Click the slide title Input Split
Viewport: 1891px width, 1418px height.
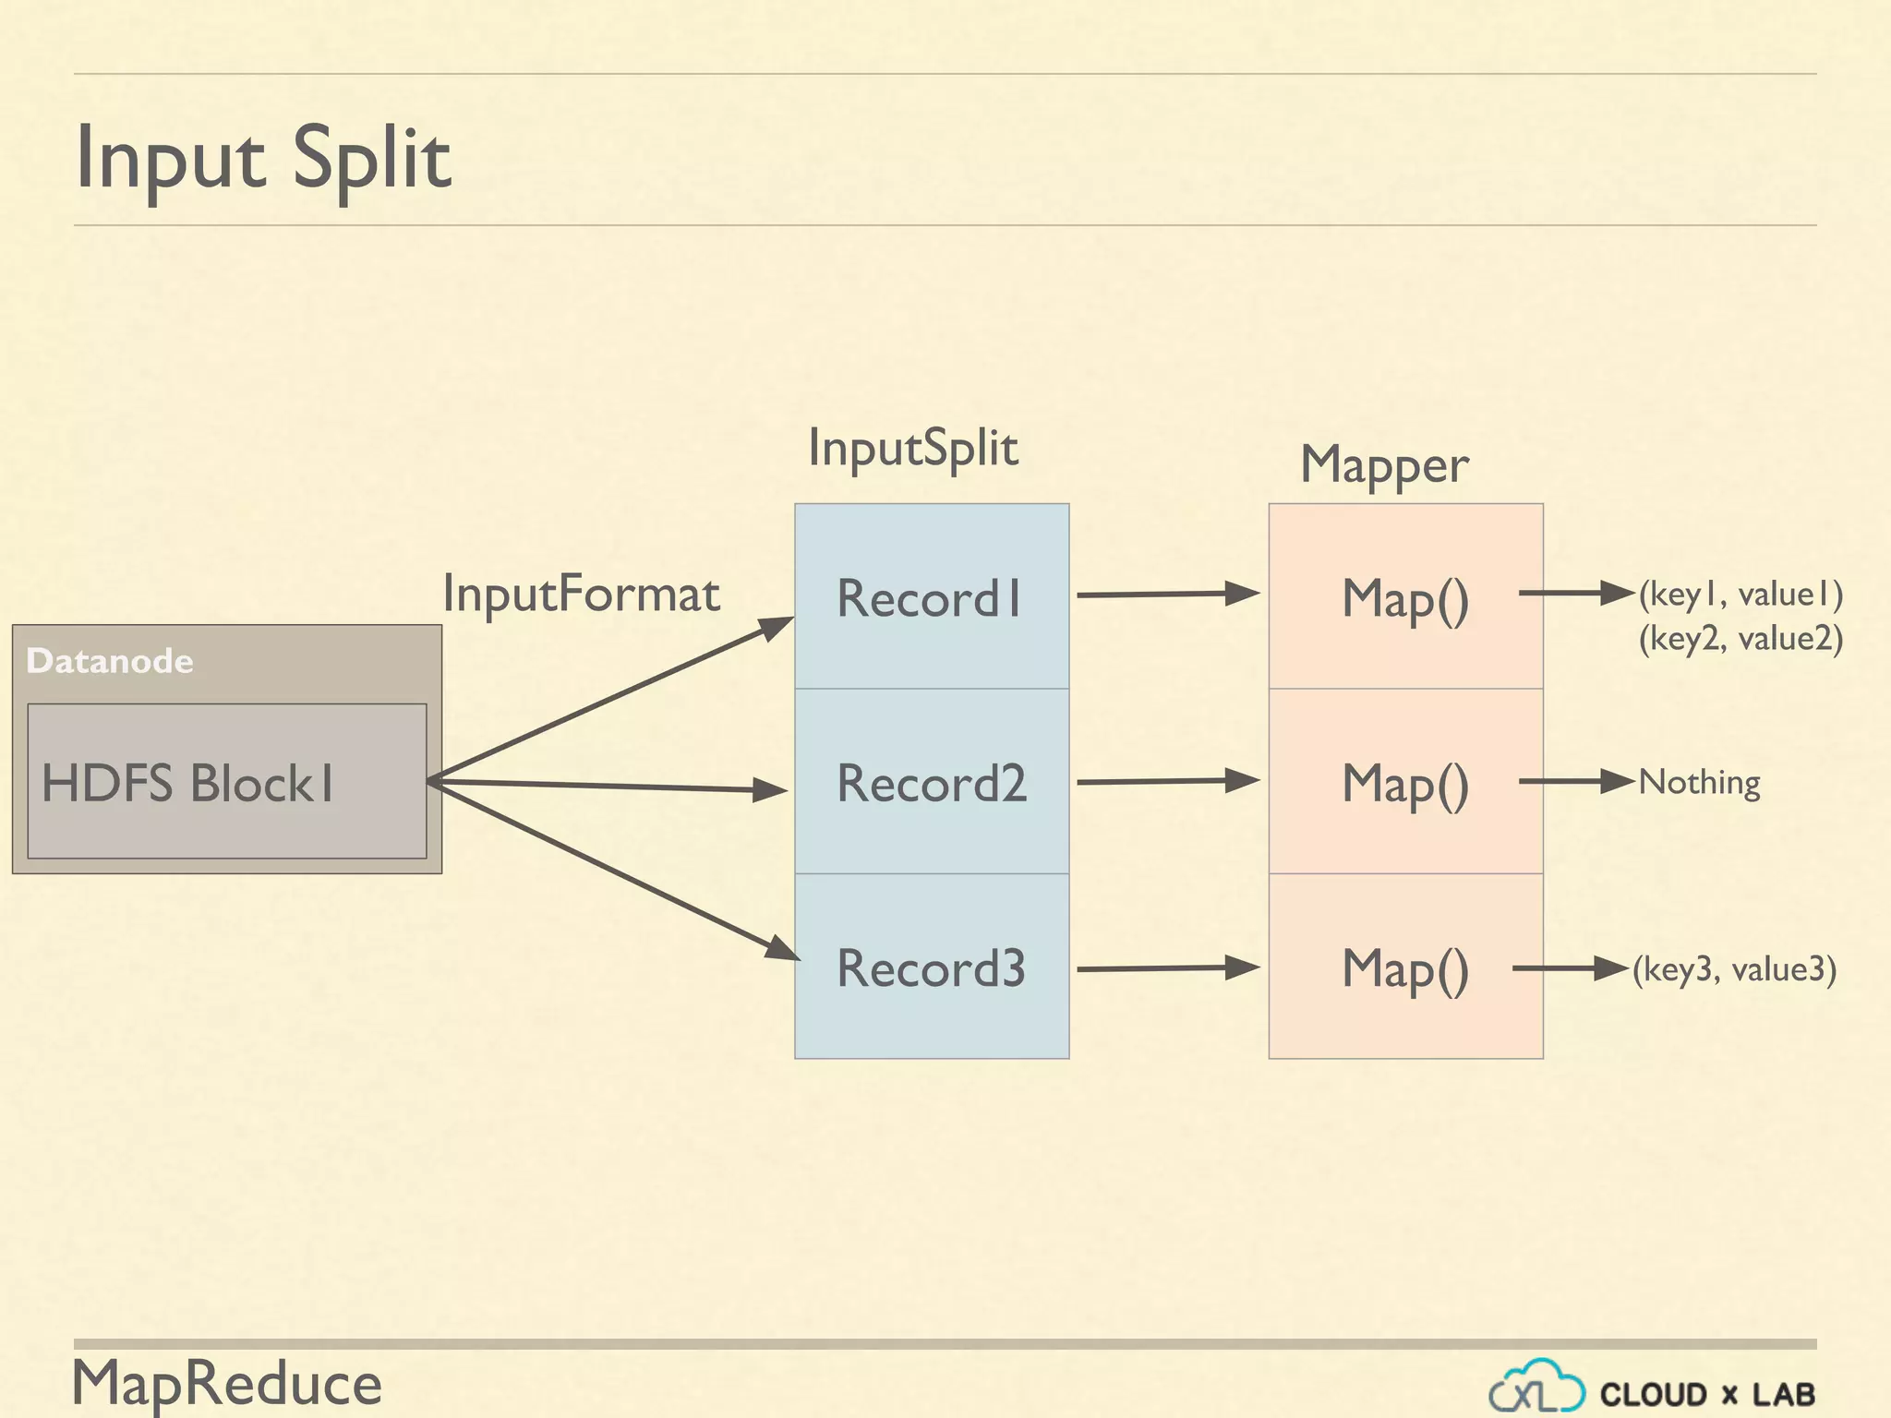(263, 159)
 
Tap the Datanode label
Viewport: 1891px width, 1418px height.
(110, 661)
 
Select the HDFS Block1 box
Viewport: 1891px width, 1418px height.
(226, 782)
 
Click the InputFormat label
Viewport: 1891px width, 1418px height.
(581, 594)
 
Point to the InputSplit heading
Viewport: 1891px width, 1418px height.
(912, 449)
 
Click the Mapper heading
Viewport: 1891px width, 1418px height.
(1384, 464)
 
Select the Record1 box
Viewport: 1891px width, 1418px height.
(931, 597)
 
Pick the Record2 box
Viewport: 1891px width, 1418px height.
(931, 782)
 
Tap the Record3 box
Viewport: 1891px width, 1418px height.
(931, 967)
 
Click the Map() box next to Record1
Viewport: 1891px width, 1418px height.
(1404, 597)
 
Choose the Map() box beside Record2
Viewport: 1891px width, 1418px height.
(1404, 782)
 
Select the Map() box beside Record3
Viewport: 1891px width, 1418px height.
(1404, 967)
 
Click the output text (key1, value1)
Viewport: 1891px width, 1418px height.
(1740, 594)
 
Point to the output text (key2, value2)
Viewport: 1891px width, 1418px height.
(1740, 638)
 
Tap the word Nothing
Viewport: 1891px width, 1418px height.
(1699, 782)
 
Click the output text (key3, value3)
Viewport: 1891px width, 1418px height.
(1734, 968)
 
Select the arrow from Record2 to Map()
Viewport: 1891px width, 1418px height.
(1168, 781)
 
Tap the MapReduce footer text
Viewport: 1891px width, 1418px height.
(227, 1383)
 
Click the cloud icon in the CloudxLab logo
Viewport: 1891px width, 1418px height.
(1536, 1388)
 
